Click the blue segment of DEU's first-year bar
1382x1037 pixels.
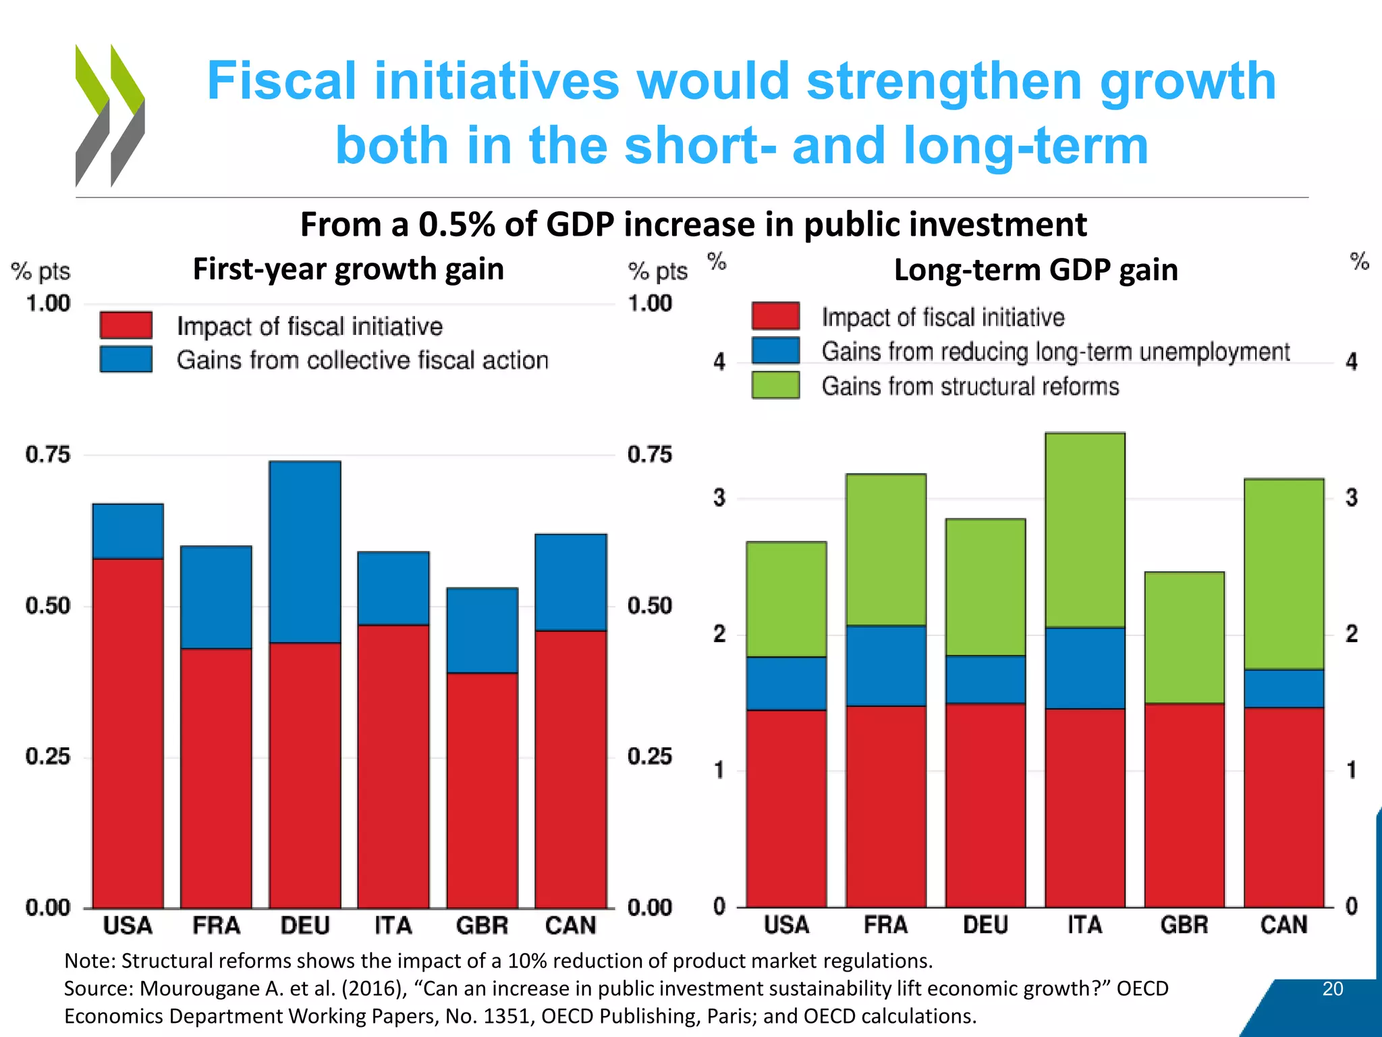305,552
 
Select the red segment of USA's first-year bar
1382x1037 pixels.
128,733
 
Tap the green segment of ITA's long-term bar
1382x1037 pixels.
1084,530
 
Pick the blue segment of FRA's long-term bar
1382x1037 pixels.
885,666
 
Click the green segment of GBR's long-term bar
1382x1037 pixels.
1184,637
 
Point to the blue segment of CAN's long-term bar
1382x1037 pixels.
1283,688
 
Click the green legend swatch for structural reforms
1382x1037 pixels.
775,385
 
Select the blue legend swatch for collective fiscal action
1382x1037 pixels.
126,359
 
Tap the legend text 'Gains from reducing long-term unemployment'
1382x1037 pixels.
1055,352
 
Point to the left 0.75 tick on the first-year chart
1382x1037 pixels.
47,454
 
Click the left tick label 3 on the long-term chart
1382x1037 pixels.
719,498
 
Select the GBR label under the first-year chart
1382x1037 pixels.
482,925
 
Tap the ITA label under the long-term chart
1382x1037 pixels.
1084,924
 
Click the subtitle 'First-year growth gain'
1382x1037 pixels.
348,269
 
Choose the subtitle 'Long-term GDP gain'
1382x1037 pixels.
1035,270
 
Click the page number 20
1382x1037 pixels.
1332,989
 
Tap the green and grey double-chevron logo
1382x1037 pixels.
110,115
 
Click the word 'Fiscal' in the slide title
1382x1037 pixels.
281,82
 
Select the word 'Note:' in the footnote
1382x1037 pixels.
90,961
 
